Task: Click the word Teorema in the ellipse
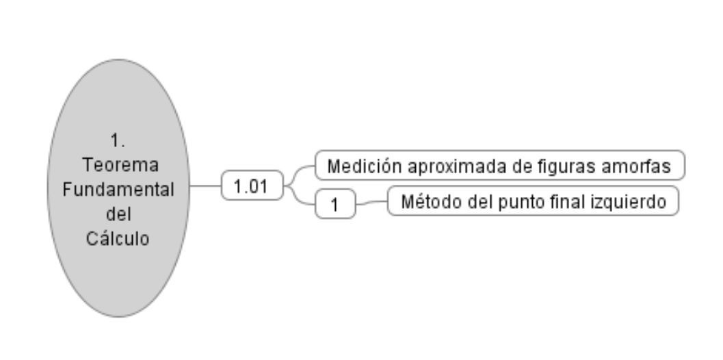click(x=120, y=165)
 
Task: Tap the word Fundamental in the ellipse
click(x=118, y=189)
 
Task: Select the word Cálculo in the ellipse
click(x=118, y=239)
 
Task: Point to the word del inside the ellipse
click(x=118, y=214)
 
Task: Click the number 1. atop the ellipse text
click(x=118, y=140)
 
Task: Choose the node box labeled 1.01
click(x=252, y=185)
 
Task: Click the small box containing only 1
click(x=335, y=203)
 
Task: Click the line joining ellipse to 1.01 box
click(x=206, y=185)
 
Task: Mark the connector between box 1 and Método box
click(x=371, y=203)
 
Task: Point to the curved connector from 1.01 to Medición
click(x=299, y=175)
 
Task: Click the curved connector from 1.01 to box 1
click(x=299, y=196)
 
